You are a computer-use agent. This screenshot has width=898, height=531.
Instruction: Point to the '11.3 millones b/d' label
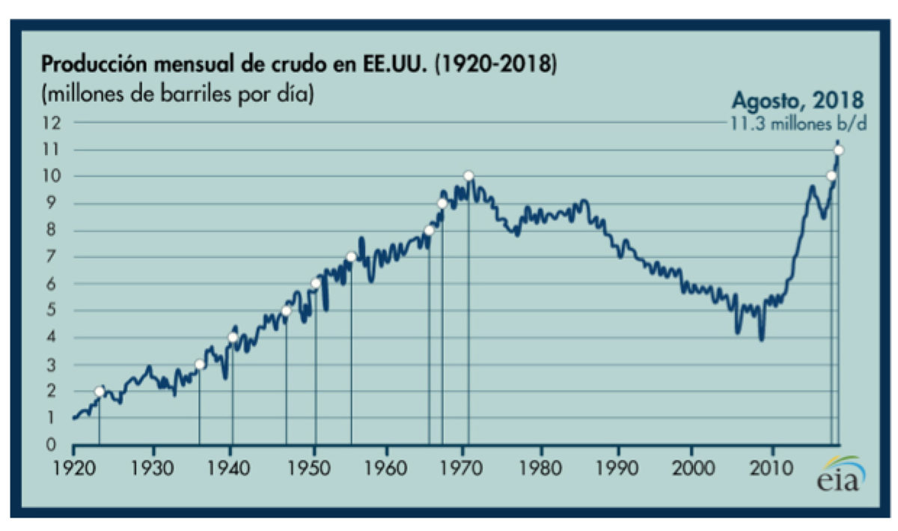tap(798, 124)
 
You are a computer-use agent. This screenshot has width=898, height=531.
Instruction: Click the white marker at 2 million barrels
tap(100, 392)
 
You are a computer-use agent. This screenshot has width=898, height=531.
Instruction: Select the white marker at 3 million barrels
tap(199, 365)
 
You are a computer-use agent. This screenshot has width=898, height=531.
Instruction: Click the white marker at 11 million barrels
tap(839, 150)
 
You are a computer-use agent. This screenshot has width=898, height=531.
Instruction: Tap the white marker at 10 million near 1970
tap(468, 176)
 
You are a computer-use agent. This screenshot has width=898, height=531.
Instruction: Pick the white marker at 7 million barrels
tap(351, 257)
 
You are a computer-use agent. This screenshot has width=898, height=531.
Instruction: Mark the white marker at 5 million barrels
tap(286, 311)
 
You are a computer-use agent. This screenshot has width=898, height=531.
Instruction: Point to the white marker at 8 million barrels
tap(429, 231)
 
